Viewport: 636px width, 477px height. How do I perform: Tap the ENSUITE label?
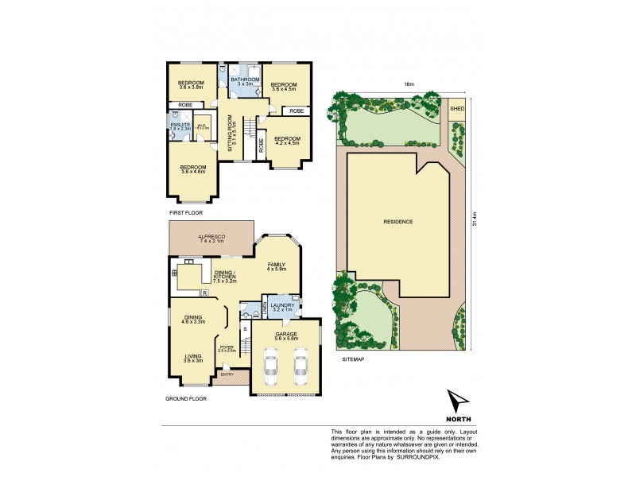(180, 125)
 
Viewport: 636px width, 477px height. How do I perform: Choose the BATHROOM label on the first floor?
(244, 79)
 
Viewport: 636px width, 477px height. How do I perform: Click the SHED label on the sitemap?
(457, 108)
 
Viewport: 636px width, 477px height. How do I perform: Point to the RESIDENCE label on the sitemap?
(398, 220)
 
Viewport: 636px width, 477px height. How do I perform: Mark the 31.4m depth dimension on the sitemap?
(474, 222)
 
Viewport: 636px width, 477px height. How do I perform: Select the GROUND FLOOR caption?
(186, 398)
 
